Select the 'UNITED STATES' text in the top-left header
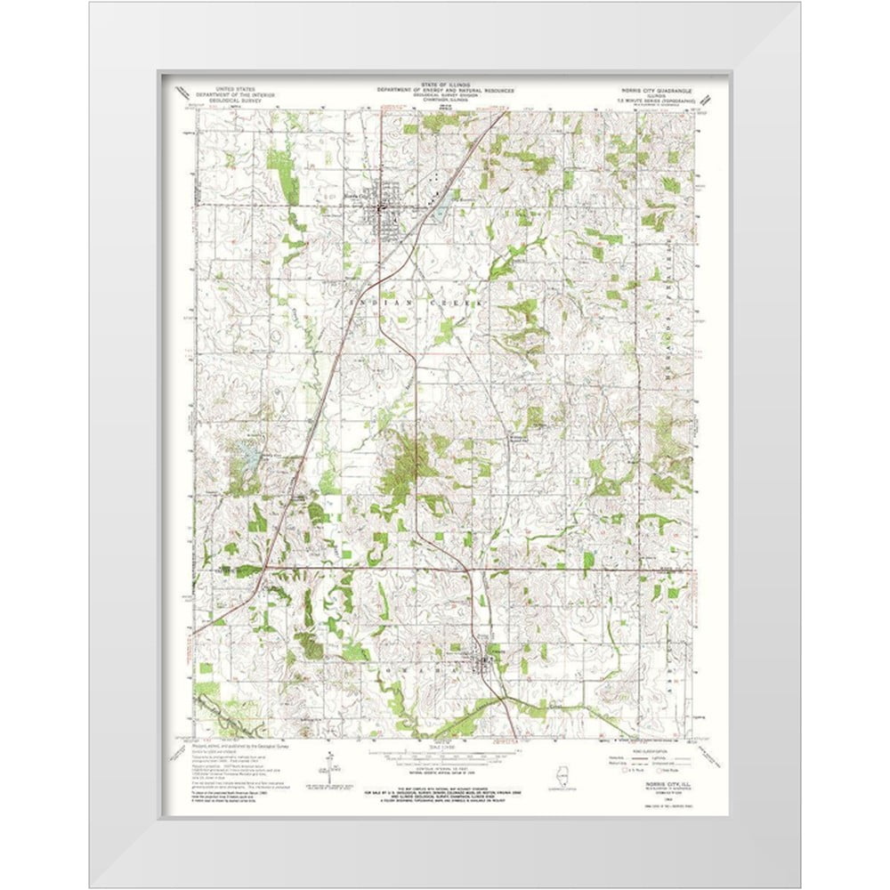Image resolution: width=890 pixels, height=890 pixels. point(225,88)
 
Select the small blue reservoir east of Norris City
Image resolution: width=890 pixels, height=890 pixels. point(439,213)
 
